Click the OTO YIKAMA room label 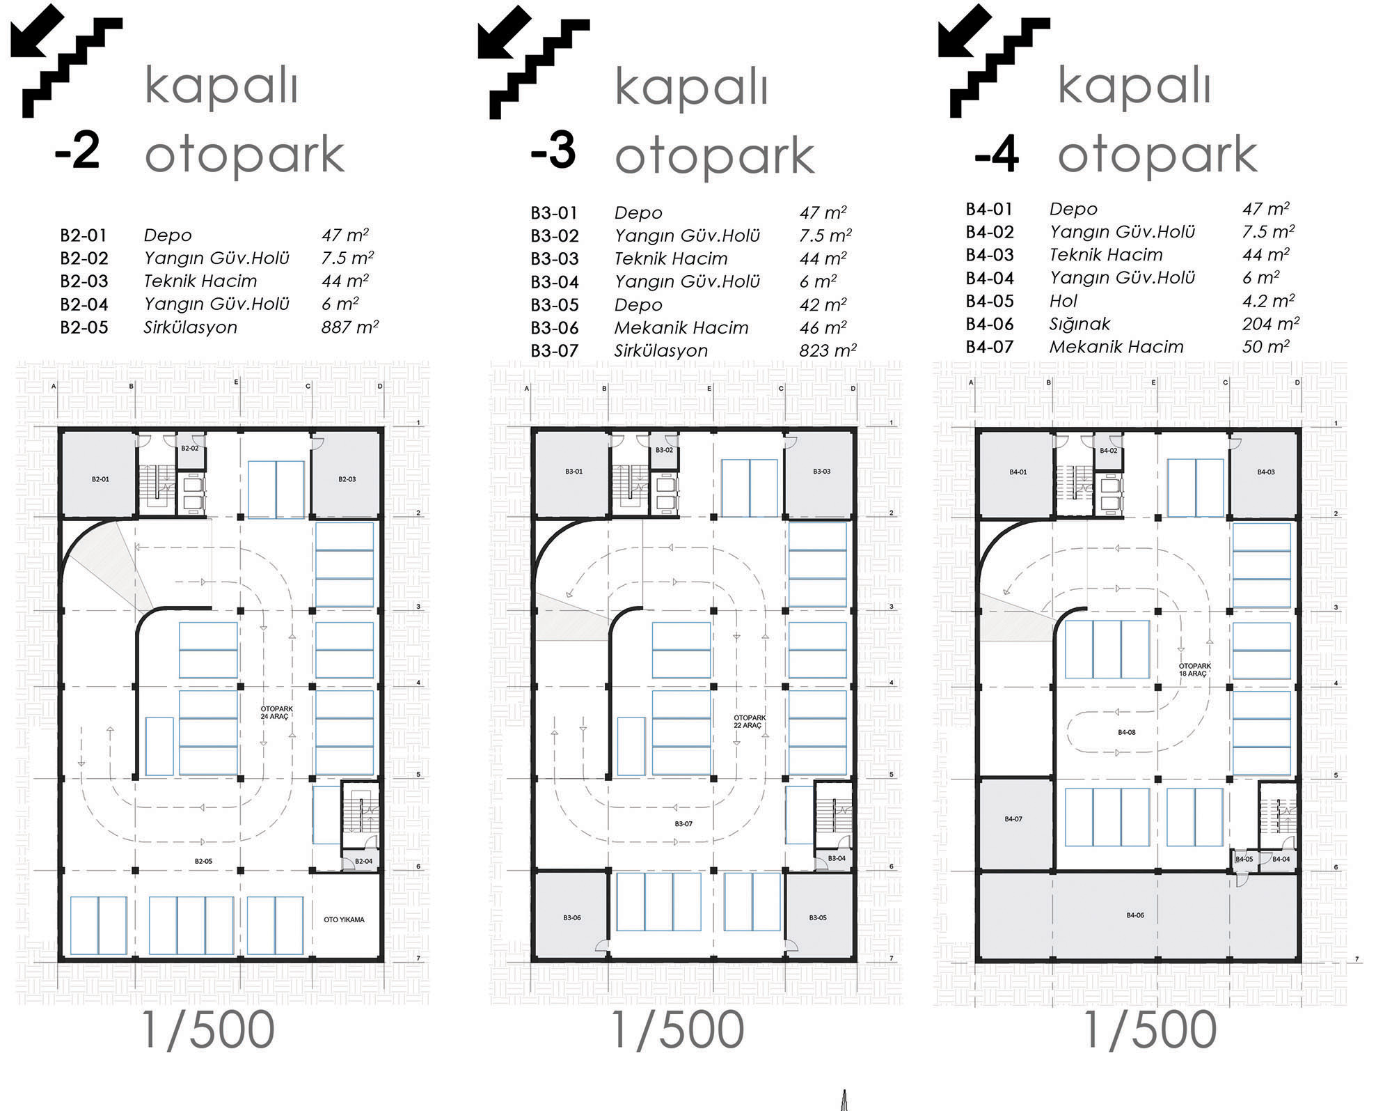(344, 919)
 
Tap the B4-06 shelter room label (1135, 915)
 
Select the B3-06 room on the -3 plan (572, 917)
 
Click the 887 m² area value (349, 327)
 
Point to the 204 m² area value (1271, 323)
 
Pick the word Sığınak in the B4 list (1079, 324)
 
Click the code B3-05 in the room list (555, 305)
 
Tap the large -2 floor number (77, 150)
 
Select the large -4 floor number (997, 155)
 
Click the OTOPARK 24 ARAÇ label (276, 713)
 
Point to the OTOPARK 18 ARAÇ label (1194, 670)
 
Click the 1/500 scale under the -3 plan (677, 1030)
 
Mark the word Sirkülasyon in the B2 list (190, 327)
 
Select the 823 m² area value (828, 350)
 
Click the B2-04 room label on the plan (363, 862)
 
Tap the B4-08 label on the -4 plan (1126, 732)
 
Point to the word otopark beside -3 (714, 157)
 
